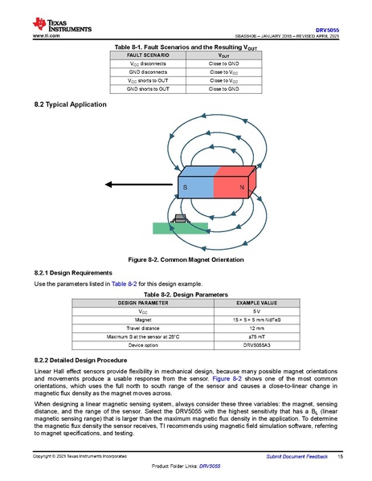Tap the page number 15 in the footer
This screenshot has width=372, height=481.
click(x=341, y=456)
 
